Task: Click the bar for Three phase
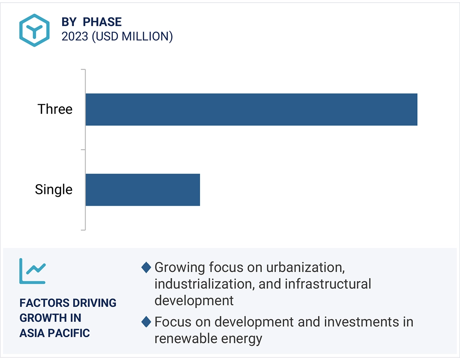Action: tap(251, 109)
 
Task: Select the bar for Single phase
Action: tap(143, 190)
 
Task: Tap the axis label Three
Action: tap(55, 109)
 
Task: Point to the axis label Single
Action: tap(54, 190)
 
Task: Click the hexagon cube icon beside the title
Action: tap(34, 30)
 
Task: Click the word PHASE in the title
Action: tap(102, 22)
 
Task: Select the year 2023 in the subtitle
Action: tap(75, 37)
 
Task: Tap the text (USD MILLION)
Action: tap(132, 37)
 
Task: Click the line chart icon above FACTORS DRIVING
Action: tap(33, 271)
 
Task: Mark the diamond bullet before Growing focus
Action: tap(146, 268)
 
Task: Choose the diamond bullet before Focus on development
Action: tap(146, 322)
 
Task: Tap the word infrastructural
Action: tap(328, 284)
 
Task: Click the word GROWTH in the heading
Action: tap(42, 318)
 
